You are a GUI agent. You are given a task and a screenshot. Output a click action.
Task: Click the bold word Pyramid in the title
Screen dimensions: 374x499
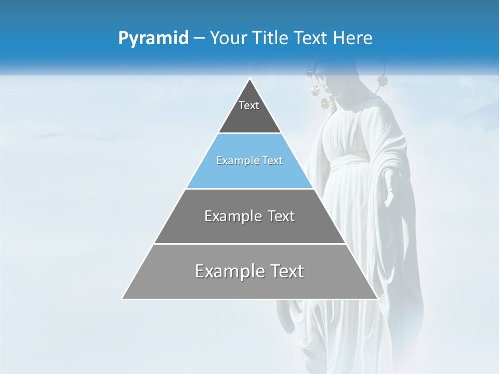(153, 38)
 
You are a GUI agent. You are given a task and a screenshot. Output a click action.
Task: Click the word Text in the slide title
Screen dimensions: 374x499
(312, 38)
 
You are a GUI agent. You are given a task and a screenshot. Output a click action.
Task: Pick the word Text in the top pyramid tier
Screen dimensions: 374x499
(249, 105)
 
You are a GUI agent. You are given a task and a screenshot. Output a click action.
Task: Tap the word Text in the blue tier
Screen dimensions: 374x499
(271, 161)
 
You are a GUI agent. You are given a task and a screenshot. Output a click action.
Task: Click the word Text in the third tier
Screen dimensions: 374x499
(281, 216)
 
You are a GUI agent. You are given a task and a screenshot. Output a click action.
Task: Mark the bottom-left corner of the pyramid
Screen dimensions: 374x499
(122, 299)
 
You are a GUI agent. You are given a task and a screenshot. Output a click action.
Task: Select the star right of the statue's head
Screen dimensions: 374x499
(383, 81)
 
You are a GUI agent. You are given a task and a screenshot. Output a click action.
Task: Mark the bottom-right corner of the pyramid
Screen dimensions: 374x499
(378, 299)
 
